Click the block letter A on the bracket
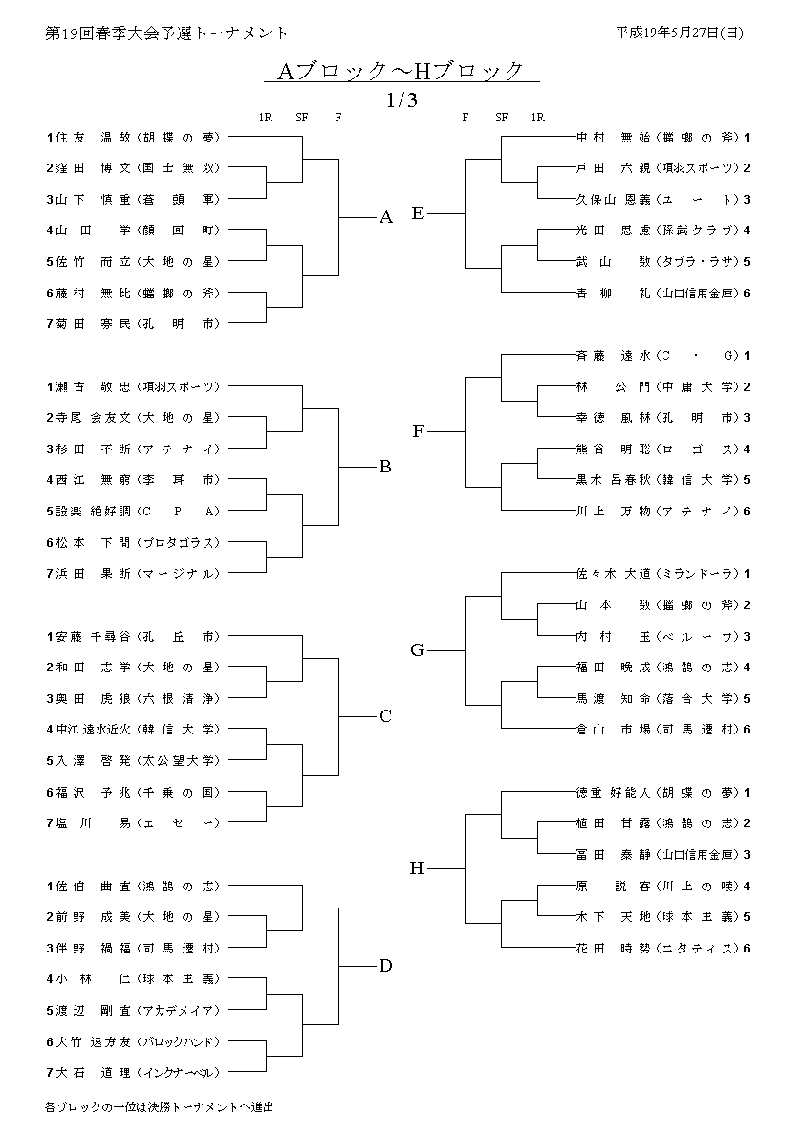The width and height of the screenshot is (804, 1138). pos(386,218)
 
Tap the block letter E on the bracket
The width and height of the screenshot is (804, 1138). pos(418,213)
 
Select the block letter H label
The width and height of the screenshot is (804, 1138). pos(417,868)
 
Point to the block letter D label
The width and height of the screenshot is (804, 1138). pos(385,966)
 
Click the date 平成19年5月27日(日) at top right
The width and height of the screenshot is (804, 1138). pos(680,32)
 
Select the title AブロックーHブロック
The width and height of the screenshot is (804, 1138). pos(402,71)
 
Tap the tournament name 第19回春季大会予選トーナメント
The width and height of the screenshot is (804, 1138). pos(166,33)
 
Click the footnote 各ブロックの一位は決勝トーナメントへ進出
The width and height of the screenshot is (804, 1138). pos(159,1106)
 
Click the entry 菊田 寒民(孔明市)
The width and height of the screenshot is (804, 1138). pos(134,324)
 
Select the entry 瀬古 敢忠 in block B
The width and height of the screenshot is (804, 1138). pos(134,386)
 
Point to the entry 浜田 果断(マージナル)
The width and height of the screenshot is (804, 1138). pos(134,573)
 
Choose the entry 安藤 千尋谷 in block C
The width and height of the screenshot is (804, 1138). pos(134,636)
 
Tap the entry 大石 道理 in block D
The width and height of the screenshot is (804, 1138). pos(134,1072)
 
